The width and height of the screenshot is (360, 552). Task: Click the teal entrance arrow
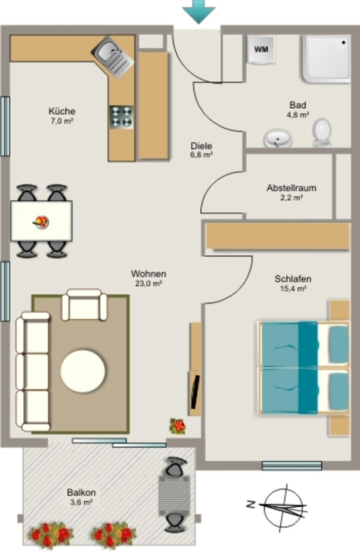click(x=199, y=11)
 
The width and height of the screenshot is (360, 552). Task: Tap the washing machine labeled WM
click(x=261, y=50)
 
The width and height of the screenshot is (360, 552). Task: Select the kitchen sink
click(x=113, y=57)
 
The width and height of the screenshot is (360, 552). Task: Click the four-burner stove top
click(x=121, y=117)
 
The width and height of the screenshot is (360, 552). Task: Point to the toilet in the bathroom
click(x=322, y=133)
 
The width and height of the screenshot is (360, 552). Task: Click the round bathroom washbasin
click(x=278, y=139)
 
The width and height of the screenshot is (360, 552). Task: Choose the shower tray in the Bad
click(x=327, y=59)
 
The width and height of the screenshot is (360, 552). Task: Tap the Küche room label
click(x=62, y=111)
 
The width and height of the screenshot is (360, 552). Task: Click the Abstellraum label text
click(x=292, y=188)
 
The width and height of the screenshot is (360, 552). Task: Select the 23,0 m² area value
click(x=149, y=284)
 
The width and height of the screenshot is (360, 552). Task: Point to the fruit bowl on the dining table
click(x=41, y=222)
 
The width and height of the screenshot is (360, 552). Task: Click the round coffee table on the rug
click(x=82, y=371)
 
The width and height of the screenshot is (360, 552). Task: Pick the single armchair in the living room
click(x=84, y=305)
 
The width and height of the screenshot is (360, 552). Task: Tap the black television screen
click(x=195, y=392)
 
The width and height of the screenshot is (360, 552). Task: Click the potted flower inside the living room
click(x=178, y=426)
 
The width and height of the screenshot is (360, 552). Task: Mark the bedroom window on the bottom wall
click(x=292, y=466)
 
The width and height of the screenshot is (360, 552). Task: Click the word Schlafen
click(x=293, y=279)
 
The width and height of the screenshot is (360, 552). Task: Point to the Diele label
click(x=202, y=146)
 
